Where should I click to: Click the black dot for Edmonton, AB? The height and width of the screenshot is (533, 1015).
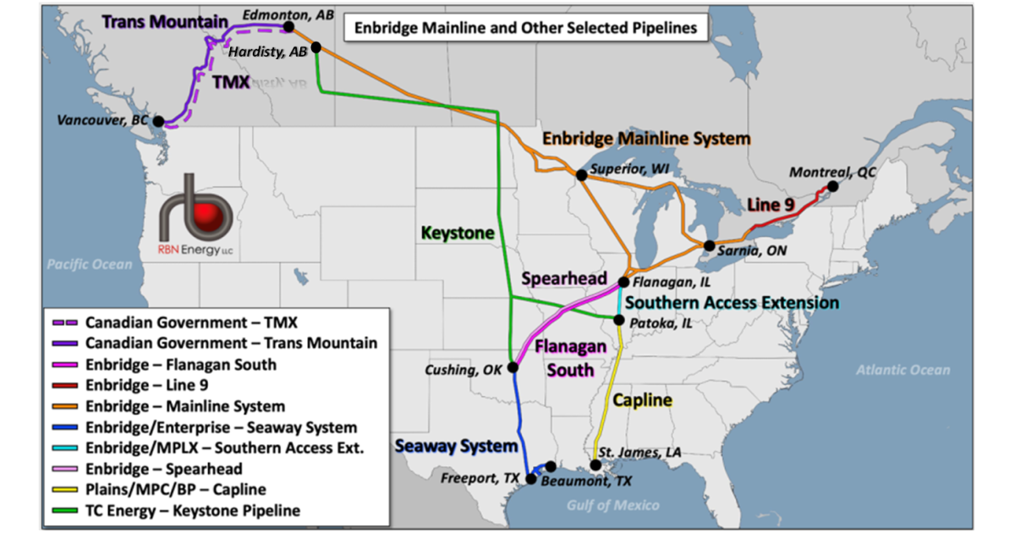[x=288, y=27]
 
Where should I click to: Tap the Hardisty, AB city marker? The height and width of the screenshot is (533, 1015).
[x=315, y=47]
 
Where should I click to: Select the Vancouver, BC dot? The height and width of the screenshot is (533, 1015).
[x=158, y=121]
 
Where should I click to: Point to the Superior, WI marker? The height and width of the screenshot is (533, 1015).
[x=581, y=175]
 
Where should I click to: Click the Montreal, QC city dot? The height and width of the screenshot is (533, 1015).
[x=833, y=186]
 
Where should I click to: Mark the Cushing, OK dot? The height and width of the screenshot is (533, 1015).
[x=512, y=366]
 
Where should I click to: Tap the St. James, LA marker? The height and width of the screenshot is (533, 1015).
[x=596, y=465]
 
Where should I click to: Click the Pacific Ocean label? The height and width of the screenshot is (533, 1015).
[x=90, y=265]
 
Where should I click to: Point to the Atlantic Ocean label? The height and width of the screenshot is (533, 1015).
[x=903, y=370]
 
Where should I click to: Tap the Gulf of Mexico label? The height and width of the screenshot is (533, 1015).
[x=612, y=505]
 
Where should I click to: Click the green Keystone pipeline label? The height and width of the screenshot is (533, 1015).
[x=458, y=233]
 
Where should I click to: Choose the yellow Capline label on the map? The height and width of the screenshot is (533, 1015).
[x=643, y=399]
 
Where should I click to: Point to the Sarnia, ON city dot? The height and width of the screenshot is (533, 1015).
[x=709, y=246]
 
